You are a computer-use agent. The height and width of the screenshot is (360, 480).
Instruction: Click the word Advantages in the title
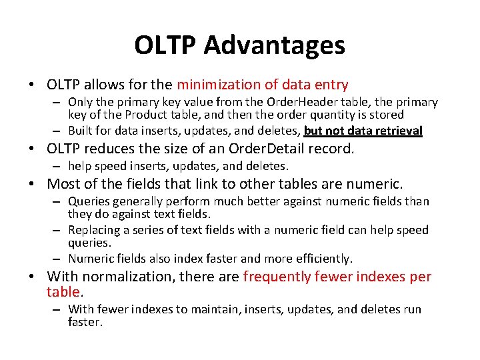(x=275, y=45)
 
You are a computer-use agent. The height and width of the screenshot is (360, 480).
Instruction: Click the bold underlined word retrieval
(x=397, y=131)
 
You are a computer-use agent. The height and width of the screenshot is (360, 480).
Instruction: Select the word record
(x=331, y=149)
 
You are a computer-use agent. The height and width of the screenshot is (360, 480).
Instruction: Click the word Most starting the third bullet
(x=62, y=183)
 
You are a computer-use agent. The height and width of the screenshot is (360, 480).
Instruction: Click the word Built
(x=81, y=131)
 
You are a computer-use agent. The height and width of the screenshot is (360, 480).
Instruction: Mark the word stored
(x=387, y=115)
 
